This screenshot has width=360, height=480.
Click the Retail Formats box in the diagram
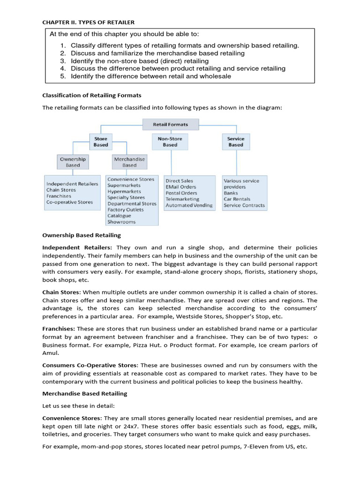170,125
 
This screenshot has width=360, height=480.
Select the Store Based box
100,142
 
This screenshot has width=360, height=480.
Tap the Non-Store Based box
170,142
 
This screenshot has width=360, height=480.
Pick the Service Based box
235,142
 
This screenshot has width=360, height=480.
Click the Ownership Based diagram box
73,162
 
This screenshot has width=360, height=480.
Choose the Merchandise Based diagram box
129,162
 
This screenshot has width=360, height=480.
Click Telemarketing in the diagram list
182,199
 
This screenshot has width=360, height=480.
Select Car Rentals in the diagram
237,199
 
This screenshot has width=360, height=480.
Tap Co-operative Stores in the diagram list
69,202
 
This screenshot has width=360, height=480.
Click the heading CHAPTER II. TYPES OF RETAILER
88,22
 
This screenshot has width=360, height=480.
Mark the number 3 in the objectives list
63,61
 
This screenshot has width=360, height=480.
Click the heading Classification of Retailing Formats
91,95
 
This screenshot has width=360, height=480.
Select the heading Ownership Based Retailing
82,235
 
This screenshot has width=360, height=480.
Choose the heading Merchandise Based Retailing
84,393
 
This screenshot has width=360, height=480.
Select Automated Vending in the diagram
188,205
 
